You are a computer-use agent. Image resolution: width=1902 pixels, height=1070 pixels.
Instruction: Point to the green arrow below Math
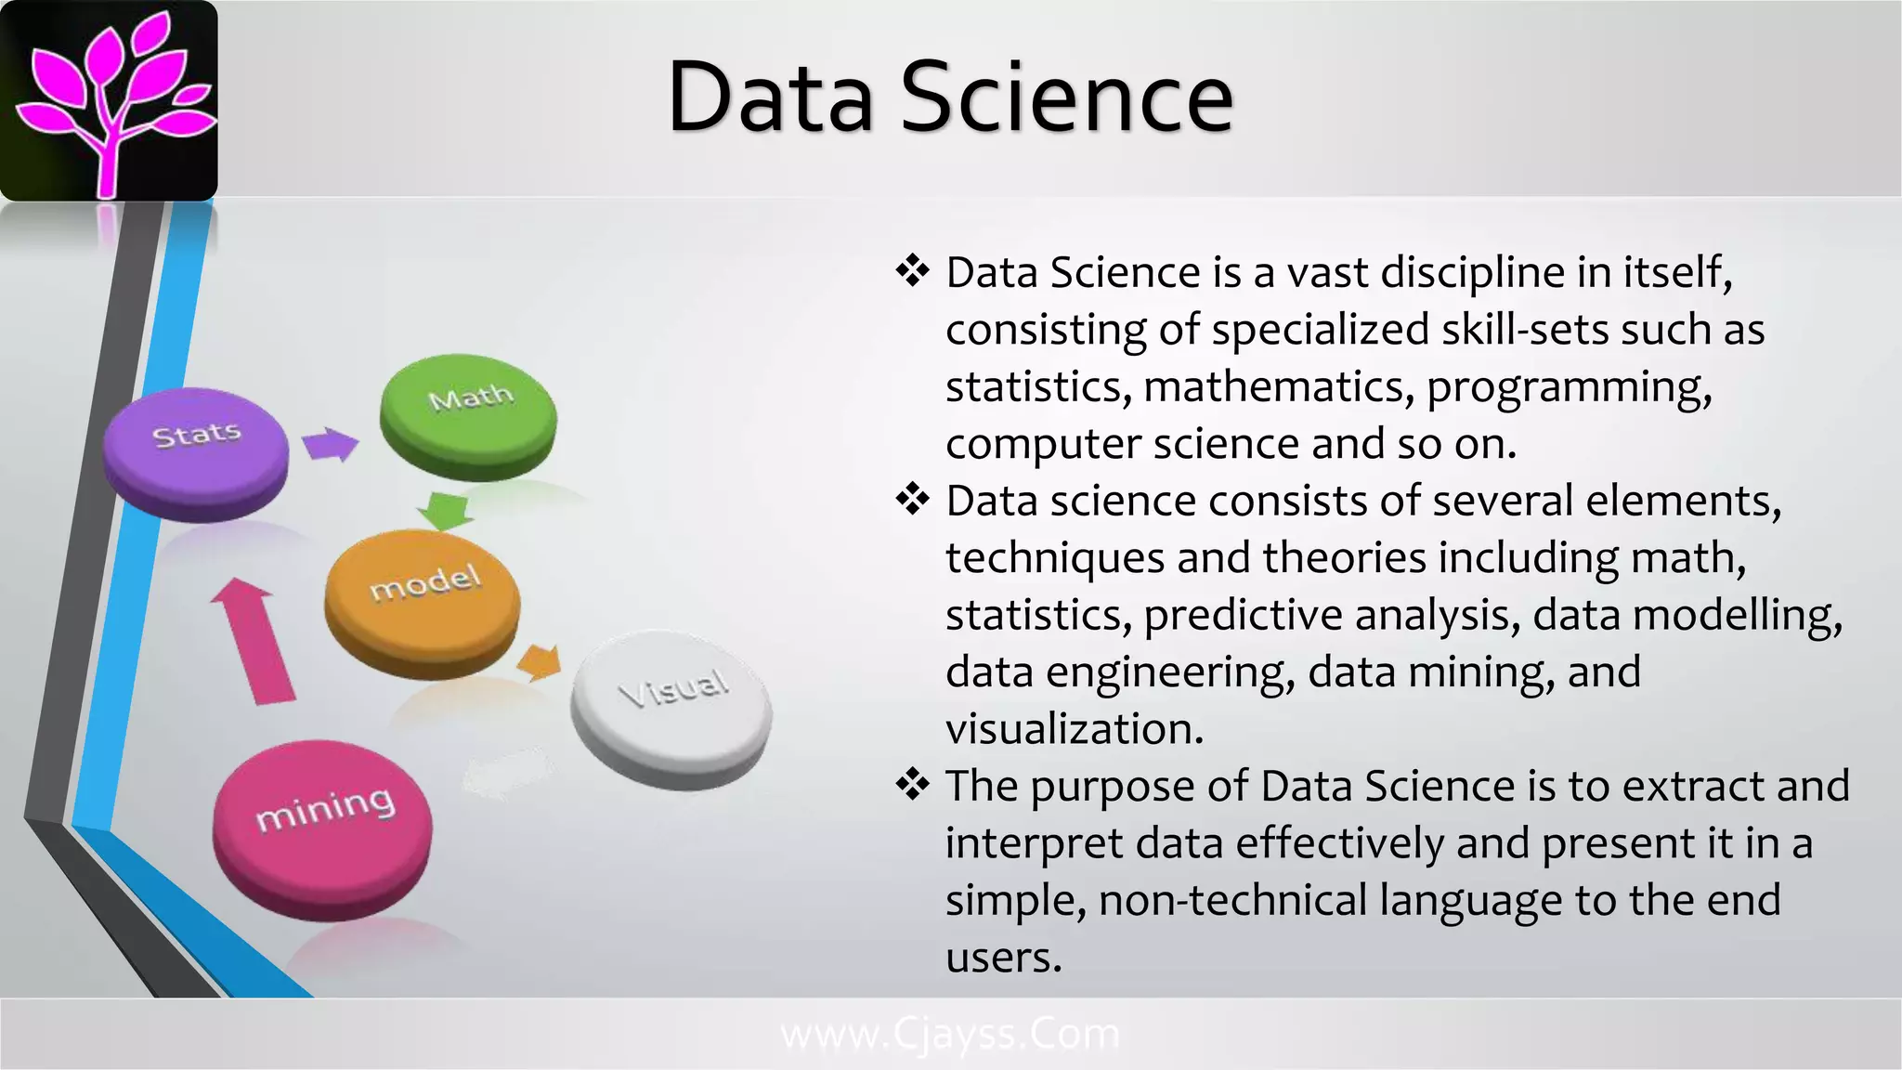tap(446, 510)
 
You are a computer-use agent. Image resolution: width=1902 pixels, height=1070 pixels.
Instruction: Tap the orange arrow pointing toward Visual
tap(540, 661)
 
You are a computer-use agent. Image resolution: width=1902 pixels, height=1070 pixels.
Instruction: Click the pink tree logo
tap(110, 100)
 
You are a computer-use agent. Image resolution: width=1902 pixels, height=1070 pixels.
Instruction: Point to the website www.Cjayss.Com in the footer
tap(950, 1034)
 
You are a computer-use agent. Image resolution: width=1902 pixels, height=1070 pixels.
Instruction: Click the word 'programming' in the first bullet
tap(1569, 387)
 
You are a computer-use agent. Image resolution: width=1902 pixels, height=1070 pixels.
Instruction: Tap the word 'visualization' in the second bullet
tap(1075, 729)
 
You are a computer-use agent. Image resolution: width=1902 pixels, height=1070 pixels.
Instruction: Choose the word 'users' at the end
tap(1003, 958)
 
